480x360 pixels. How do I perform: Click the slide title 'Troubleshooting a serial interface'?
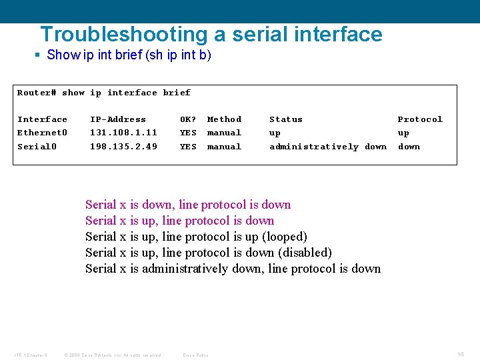tap(211, 34)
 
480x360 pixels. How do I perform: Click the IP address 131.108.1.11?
tap(123, 133)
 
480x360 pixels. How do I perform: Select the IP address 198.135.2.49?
tap(123, 147)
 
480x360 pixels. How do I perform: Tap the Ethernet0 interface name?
tap(42, 133)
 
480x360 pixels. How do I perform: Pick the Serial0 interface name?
tap(37, 147)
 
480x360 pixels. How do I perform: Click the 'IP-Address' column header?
tap(117, 119)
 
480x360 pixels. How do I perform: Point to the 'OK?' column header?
tap(188, 119)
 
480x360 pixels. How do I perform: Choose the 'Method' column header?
tap(224, 119)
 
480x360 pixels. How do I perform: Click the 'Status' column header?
tap(285, 119)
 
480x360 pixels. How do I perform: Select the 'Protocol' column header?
tap(419, 119)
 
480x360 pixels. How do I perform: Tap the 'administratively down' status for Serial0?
tap(327, 147)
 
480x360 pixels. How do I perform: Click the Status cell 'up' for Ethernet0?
tap(275, 133)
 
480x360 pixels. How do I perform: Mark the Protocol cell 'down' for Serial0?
tap(409, 147)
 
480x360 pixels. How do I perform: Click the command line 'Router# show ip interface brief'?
tap(103, 93)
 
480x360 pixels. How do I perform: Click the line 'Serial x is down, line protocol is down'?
tap(188, 205)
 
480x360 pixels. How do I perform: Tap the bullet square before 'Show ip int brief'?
tap(38, 55)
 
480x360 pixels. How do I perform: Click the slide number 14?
tap(460, 354)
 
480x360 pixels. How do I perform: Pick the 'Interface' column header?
tap(42, 119)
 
